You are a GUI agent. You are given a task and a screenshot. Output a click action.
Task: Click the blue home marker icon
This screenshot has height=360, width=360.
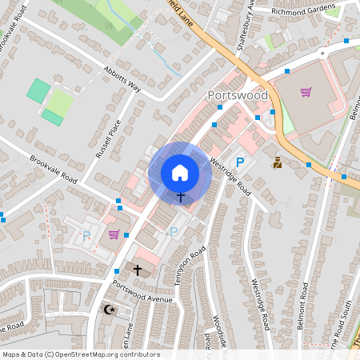pos(180,172)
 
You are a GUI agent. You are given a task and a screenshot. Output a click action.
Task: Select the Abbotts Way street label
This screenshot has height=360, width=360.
pos(122,79)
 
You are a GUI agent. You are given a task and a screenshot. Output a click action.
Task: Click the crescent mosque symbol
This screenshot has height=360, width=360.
pos(110,309)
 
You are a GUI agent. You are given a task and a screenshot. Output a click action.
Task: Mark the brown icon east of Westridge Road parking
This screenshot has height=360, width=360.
pos(278,162)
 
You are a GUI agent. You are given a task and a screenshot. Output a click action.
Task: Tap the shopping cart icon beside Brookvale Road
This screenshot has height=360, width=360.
pos(114,234)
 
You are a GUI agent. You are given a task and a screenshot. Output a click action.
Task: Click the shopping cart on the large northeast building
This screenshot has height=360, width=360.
pos(306,92)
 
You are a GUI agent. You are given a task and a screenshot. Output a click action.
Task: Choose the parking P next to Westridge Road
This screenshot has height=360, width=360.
pos(239,162)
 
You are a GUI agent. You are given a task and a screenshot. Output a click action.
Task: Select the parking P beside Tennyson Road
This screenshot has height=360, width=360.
pos(174,232)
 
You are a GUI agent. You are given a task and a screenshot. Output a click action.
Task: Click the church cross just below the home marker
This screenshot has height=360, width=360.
pos(181,197)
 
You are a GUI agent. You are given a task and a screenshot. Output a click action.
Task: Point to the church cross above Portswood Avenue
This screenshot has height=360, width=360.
pos(137,271)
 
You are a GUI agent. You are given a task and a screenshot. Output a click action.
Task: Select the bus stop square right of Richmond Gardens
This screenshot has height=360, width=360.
pos(346,40)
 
